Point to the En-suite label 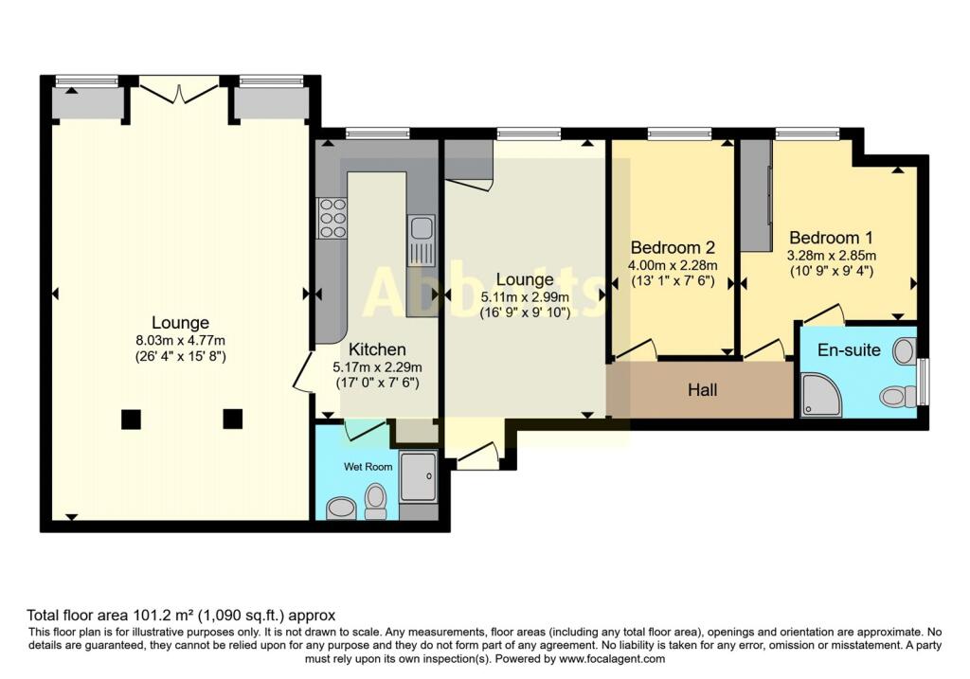coord(849,350)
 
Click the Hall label coord(703,390)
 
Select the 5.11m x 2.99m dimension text coord(524,296)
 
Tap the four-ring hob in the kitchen coord(332,218)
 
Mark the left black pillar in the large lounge coord(132,418)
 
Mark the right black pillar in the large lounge coord(232,418)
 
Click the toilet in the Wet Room coord(376,500)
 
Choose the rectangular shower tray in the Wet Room coord(418,476)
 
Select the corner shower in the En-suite coord(820,395)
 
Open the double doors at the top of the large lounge coord(177,92)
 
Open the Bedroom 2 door coord(635,349)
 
